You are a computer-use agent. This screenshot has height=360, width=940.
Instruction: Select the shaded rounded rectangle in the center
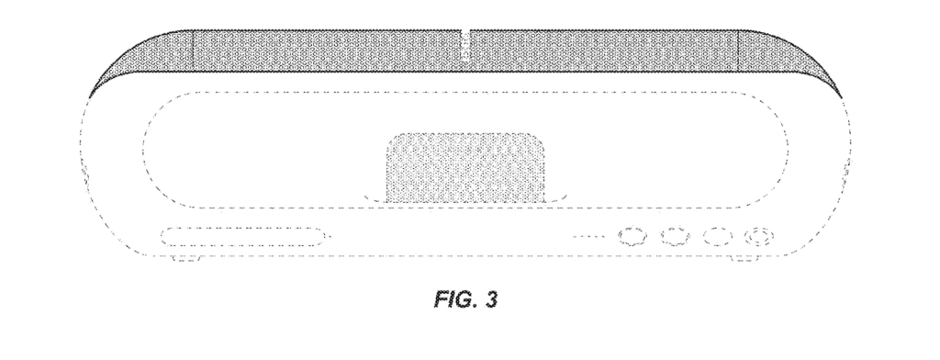pyautogui.click(x=465, y=168)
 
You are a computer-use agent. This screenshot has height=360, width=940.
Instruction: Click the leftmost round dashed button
pyautogui.click(x=633, y=236)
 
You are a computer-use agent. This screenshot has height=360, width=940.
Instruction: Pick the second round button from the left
pyautogui.click(x=676, y=236)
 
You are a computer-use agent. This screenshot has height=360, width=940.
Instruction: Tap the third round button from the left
pyautogui.click(x=718, y=236)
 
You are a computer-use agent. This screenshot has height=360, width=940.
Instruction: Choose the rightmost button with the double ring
pyautogui.click(x=759, y=236)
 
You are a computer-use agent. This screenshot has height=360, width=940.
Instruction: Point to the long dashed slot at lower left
pyautogui.click(x=242, y=236)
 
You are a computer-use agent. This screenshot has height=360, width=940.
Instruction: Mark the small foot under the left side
pyautogui.click(x=186, y=259)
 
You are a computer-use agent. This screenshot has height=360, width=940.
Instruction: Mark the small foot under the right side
pyautogui.click(x=746, y=259)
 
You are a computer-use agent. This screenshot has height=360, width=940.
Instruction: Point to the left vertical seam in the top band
pyautogui.click(x=193, y=51)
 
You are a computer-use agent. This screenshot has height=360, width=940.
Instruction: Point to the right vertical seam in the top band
pyautogui.click(x=739, y=51)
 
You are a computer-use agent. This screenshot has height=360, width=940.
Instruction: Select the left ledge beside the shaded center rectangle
pyautogui.click(x=375, y=199)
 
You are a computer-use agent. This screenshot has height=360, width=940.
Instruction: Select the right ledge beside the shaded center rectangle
pyautogui.click(x=555, y=199)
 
